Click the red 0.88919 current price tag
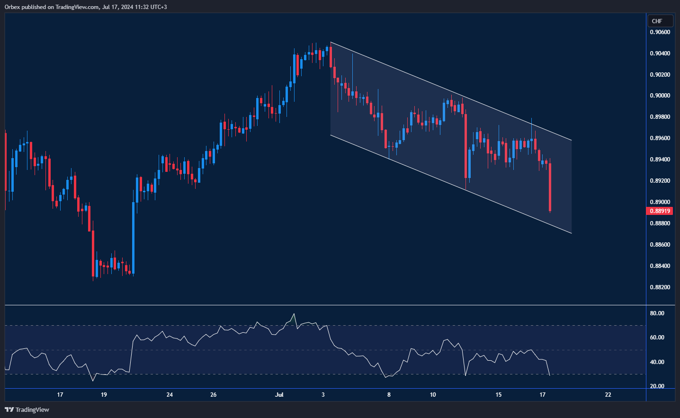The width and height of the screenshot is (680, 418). (659, 211)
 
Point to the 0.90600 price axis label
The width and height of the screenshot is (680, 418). (660, 32)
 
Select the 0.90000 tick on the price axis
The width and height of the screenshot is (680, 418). (660, 96)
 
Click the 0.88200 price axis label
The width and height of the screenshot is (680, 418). (660, 287)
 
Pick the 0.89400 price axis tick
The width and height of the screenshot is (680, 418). (660, 160)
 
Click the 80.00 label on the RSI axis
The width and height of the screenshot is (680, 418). (657, 313)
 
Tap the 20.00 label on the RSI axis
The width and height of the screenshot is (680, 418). (657, 386)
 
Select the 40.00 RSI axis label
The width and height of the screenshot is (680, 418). (657, 362)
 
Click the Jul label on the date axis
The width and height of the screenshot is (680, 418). (279, 395)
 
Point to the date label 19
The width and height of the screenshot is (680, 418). (104, 395)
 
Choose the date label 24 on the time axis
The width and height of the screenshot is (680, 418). (170, 395)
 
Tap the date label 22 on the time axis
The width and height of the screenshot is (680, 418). (608, 395)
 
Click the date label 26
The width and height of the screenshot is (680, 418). (214, 395)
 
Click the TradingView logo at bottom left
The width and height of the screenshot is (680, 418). (27, 409)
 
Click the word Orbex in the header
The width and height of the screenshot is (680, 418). (12, 7)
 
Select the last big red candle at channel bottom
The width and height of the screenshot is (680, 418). (550, 187)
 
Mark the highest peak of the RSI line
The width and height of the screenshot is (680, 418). (294, 314)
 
